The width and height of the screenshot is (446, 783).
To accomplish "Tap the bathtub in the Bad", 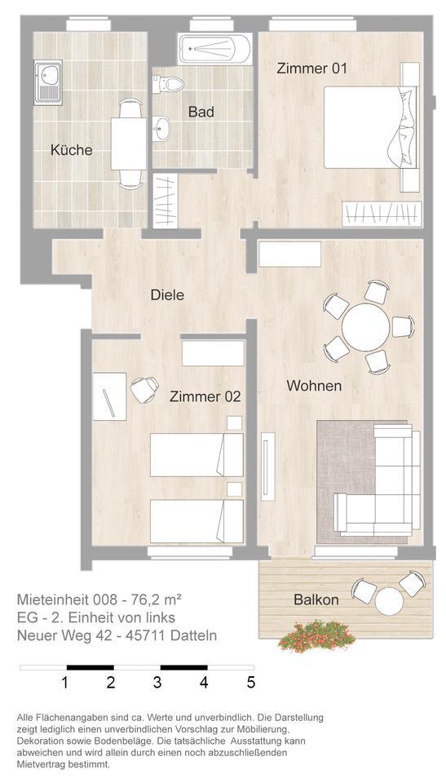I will coord(215,51).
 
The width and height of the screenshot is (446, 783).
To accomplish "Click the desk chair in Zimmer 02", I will coord(145,389).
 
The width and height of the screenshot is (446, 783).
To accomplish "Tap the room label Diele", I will coord(167,295).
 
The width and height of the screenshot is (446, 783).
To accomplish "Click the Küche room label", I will coord(71,150).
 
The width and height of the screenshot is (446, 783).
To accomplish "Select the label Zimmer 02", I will coord(205,397).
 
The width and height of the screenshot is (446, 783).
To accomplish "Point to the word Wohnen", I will coord(313,386).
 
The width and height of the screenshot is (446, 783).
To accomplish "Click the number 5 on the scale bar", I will coord(251,682).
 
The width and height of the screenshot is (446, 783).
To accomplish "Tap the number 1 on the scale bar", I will coord(65,682).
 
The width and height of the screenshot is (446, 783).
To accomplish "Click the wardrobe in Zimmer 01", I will coord(382,214).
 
